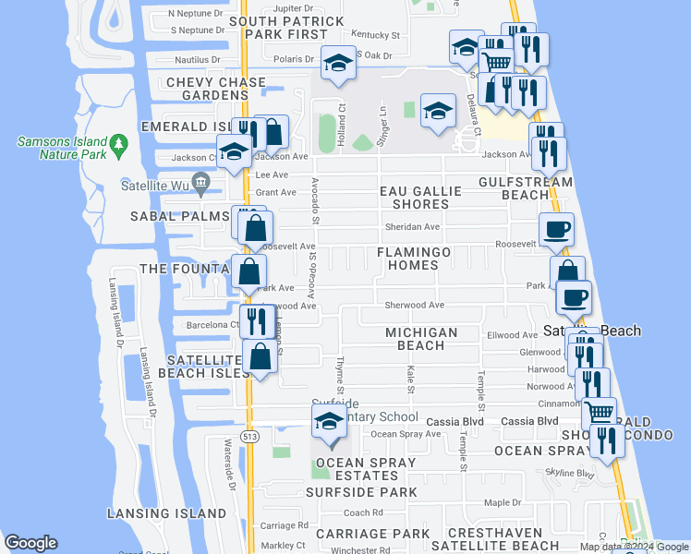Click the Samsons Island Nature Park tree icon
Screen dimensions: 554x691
click(117, 144)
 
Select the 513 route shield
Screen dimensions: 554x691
click(249, 435)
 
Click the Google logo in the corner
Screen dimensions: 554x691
click(30, 543)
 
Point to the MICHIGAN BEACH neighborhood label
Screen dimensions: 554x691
click(421, 339)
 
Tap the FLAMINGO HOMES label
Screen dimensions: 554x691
click(414, 259)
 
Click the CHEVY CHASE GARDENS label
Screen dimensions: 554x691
click(202, 89)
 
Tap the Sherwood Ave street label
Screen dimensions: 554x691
click(415, 305)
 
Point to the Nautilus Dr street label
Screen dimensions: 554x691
click(196, 59)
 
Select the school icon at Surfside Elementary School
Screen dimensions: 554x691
click(329, 422)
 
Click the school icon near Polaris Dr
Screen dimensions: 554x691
click(338, 62)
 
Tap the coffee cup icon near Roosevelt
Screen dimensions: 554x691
click(556, 228)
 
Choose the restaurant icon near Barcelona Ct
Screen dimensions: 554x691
click(255, 320)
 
